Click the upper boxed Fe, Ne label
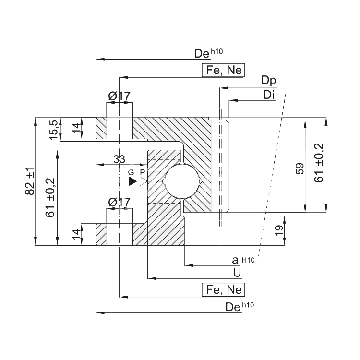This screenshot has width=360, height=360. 223,70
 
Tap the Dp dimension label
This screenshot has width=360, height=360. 269,81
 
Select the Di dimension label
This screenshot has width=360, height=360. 269,95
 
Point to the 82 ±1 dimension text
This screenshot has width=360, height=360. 30,181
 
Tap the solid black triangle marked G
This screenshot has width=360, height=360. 132,181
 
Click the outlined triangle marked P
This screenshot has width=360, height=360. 143,181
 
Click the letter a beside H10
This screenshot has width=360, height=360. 235,260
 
